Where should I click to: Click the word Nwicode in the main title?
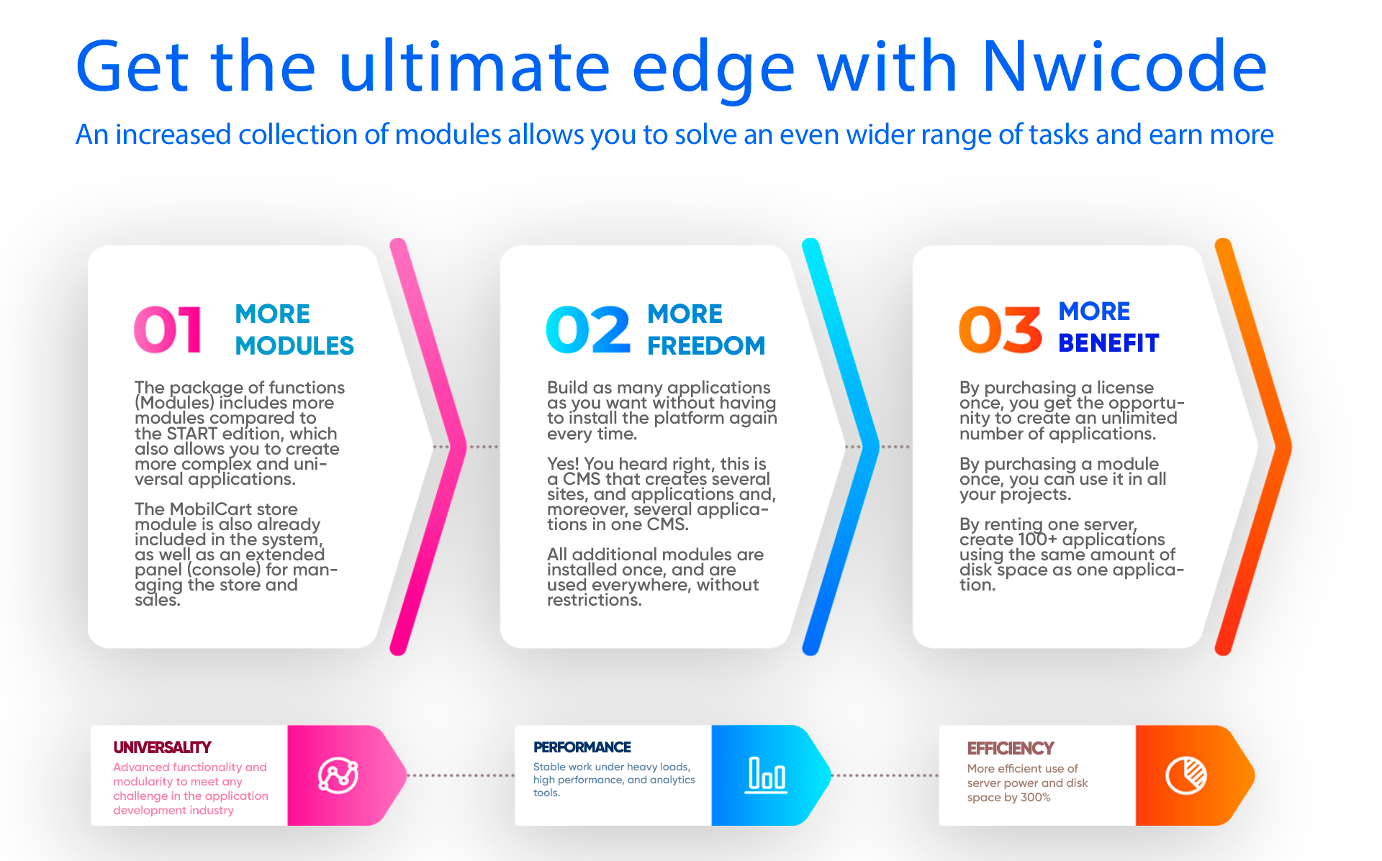pyautogui.click(x=1124, y=66)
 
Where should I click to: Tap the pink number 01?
pyautogui.click(x=168, y=330)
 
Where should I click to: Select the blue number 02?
pyautogui.click(x=589, y=330)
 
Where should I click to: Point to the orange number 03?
pyautogui.click(x=1001, y=330)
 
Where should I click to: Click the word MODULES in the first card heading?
pyautogui.click(x=294, y=346)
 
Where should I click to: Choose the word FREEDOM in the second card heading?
pyautogui.click(x=706, y=346)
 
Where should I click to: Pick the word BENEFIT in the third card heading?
pyautogui.click(x=1108, y=343)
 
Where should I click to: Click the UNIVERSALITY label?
pyautogui.click(x=162, y=747)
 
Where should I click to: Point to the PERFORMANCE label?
pyautogui.click(x=582, y=747)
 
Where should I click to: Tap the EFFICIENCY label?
pyautogui.click(x=1011, y=749)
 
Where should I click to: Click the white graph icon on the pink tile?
pyautogui.click(x=338, y=775)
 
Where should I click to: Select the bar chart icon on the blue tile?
pyautogui.click(x=766, y=775)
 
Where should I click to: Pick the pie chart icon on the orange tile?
pyautogui.click(x=1186, y=775)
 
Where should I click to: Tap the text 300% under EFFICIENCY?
pyautogui.click(x=1036, y=797)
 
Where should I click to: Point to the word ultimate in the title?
pyautogui.click(x=475, y=66)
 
